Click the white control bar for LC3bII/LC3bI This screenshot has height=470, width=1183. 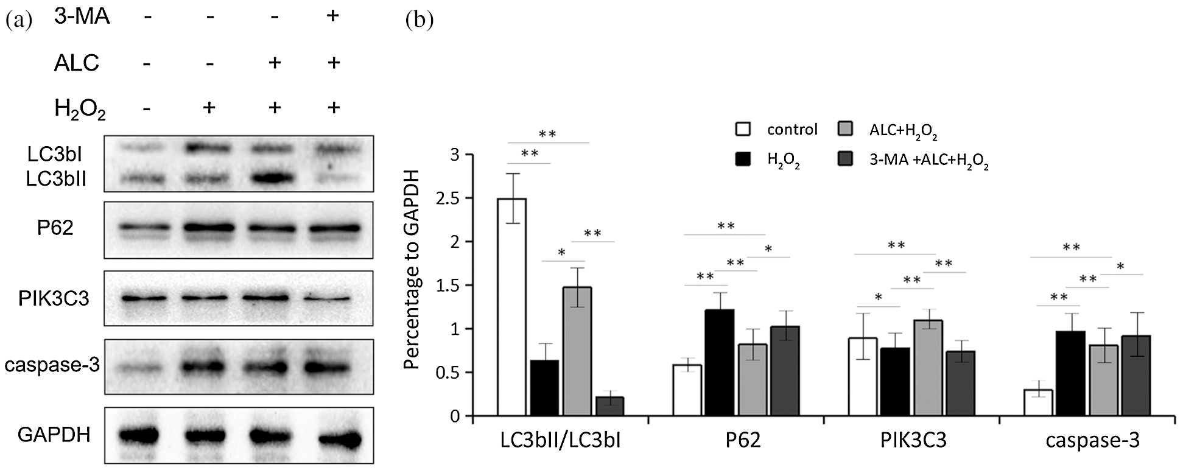512,307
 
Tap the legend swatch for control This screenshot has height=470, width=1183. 743,129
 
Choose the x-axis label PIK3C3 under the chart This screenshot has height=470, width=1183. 913,441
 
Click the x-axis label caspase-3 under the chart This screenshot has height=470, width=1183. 1092,441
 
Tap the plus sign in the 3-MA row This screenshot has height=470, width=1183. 332,16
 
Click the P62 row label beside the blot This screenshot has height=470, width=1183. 55,228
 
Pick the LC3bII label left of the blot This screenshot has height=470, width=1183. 56,178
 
